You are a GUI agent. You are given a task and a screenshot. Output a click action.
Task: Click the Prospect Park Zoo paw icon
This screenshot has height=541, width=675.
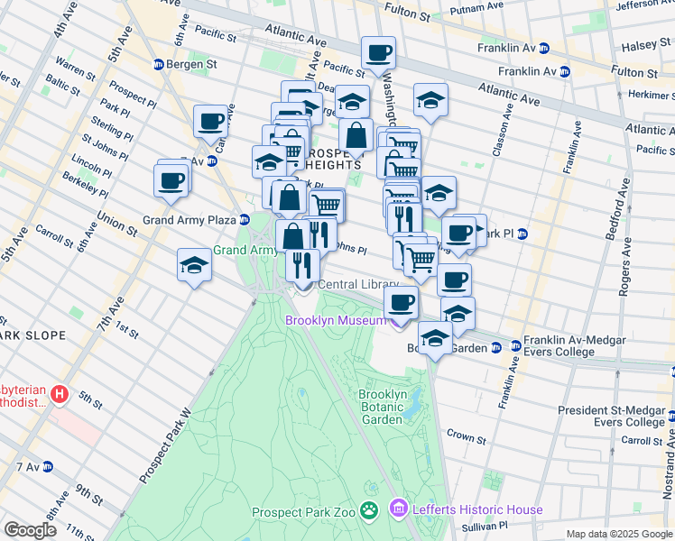click(x=368, y=511)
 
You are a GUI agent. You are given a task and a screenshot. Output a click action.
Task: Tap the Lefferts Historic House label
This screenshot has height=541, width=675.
click(x=477, y=510)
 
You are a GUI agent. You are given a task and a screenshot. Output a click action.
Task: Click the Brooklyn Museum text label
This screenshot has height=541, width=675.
click(x=336, y=320)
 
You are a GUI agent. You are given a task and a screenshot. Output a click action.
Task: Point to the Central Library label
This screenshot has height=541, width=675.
click(x=357, y=285)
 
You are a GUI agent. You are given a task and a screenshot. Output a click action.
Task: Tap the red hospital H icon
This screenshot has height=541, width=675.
click(x=60, y=394)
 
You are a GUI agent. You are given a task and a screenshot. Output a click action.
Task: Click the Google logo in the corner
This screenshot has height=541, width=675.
click(x=29, y=530)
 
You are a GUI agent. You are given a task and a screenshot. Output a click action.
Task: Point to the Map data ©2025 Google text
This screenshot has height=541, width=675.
click(x=618, y=534)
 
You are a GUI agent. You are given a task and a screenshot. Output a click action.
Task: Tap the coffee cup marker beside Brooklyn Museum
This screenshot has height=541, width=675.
click(x=401, y=302)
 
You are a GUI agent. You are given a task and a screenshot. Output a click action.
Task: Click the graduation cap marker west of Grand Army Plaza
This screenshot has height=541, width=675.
click(x=194, y=266)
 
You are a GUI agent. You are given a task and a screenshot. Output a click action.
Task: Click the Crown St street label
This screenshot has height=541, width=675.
click(x=466, y=436)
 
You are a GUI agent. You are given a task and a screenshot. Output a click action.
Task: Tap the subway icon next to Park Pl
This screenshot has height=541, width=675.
click(x=523, y=234)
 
